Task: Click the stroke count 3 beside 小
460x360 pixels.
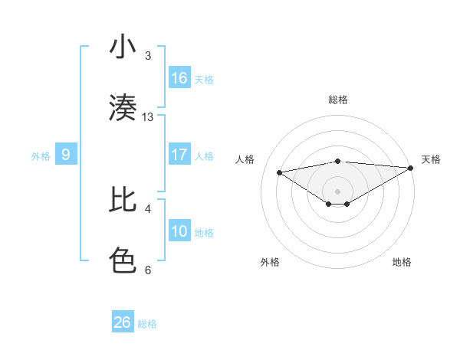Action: tap(148, 55)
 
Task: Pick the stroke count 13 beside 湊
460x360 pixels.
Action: tap(148, 116)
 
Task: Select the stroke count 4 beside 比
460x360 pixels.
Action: tap(148, 208)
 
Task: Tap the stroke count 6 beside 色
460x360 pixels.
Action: tap(148, 270)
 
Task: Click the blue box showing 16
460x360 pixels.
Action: tap(179, 78)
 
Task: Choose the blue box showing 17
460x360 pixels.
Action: tap(179, 155)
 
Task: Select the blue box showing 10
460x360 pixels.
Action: tap(179, 231)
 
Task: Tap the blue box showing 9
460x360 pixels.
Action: tap(66, 155)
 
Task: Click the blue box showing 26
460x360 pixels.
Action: tap(122, 322)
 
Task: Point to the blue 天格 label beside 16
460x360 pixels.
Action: tap(204, 79)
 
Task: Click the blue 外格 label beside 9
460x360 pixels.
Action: tap(41, 156)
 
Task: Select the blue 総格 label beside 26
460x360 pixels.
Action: tap(147, 324)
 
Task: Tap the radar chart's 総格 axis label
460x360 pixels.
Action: tap(337, 100)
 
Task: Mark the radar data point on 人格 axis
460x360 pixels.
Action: tap(279, 172)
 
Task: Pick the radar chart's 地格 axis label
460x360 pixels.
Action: tap(402, 262)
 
